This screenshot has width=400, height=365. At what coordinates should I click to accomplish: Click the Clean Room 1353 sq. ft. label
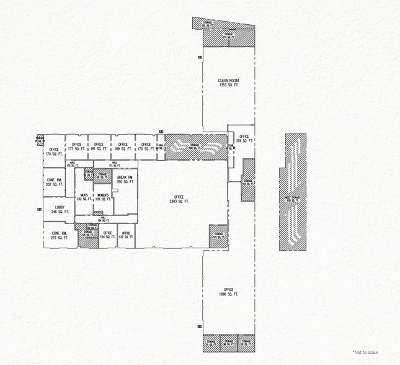[x=228, y=83]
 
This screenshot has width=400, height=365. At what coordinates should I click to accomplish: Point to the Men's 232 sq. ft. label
[x=83, y=197]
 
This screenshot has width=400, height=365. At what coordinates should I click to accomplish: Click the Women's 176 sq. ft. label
[x=101, y=197]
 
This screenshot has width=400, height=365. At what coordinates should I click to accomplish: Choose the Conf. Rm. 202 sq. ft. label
[x=54, y=182]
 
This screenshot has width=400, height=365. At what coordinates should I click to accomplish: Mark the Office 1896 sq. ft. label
[x=228, y=293]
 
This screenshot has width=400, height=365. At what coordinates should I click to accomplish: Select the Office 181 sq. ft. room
[x=98, y=146]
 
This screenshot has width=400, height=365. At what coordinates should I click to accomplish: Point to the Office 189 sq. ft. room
[x=123, y=146]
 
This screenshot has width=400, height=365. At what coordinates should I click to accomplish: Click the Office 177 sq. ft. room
[x=76, y=146]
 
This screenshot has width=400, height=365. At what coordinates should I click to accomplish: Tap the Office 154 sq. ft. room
[x=107, y=236]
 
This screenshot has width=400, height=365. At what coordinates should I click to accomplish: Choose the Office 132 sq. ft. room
[x=125, y=236]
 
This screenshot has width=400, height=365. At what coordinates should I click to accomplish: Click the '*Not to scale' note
[x=365, y=352]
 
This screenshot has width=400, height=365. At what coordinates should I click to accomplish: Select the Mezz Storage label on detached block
[x=292, y=198]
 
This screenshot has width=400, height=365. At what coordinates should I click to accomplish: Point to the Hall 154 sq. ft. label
[x=102, y=219]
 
